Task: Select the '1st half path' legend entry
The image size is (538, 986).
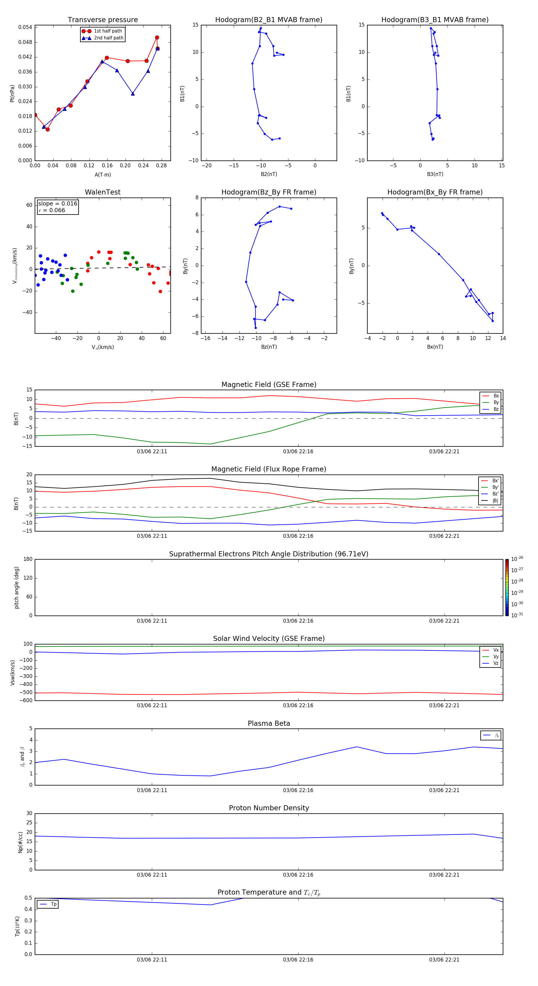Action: [108, 31]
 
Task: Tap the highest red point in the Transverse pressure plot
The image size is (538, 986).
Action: [157, 38]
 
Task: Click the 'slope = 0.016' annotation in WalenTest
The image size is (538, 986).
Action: [57, 204]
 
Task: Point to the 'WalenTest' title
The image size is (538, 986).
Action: [103, 192]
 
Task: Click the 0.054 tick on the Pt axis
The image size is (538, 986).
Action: [25, 27]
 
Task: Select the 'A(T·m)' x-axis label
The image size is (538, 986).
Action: [103, 175]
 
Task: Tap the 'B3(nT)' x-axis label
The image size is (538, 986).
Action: [435, 174]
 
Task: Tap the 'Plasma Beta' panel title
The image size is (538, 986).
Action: [268, 723]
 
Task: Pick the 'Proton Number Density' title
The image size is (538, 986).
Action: [268, 808]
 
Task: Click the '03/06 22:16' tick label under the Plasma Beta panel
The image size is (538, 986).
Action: [298, 790]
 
